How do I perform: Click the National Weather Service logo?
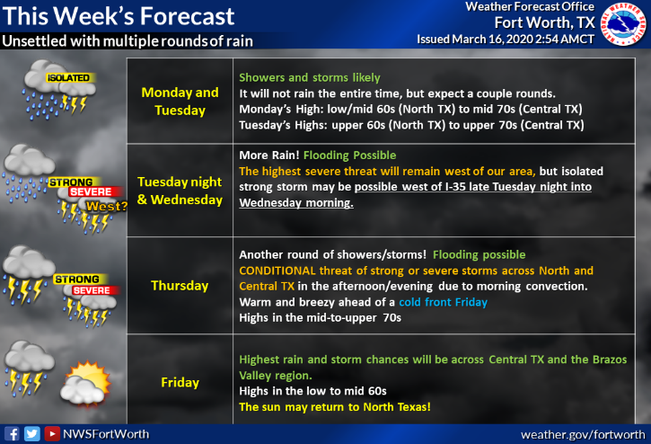624,23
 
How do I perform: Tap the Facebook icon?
12,434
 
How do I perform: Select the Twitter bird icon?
32,434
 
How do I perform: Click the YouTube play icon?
52,434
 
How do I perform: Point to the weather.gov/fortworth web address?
583,435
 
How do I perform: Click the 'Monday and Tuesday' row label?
180,101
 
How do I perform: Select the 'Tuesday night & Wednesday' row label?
180,191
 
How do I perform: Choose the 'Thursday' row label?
180,286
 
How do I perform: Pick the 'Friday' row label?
180,382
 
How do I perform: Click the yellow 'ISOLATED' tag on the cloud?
69,77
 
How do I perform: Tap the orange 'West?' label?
106,206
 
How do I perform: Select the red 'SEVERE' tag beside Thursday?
92,290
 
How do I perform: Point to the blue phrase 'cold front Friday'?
443,302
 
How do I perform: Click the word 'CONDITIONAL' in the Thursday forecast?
277,271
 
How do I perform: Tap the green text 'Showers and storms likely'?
310,77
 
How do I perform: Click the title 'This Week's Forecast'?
119,16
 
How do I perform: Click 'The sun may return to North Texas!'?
335,407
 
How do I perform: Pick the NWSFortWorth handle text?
106,434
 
